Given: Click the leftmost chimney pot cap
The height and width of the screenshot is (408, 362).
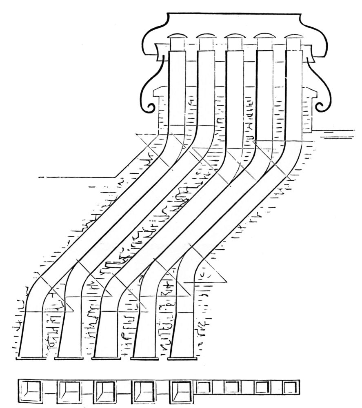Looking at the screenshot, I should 177,36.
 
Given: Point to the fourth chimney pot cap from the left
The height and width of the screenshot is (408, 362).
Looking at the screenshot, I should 264,36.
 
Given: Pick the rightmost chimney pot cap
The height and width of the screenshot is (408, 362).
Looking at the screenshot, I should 293,36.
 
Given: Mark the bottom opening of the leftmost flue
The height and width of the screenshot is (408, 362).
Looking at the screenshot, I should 31,358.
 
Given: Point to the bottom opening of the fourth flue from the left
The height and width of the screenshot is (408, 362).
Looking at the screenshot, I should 144,358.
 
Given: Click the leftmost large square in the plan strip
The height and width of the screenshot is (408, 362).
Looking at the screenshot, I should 31,390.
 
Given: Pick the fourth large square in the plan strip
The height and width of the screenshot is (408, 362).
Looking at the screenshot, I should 143,390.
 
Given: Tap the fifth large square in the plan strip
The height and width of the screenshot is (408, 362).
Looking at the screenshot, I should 181,390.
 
